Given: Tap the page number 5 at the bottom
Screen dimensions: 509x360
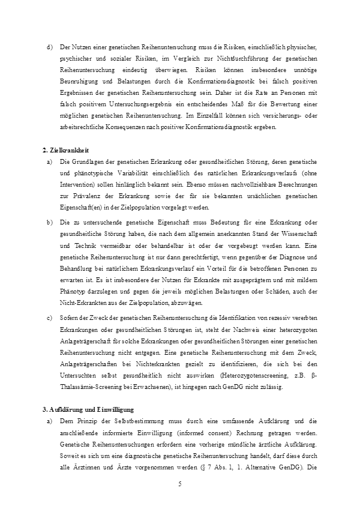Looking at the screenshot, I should (179, 483).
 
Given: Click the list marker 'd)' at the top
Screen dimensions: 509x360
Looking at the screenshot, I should (49, 46).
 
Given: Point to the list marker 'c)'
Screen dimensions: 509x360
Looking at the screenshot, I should (49, 318).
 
